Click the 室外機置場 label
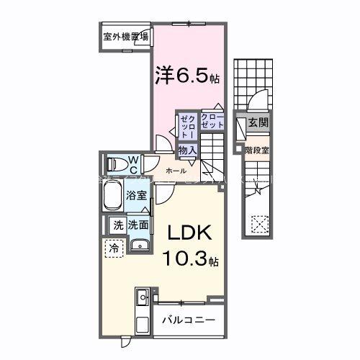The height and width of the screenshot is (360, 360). tap(125, 37)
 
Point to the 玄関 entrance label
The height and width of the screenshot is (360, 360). tap(258, 124)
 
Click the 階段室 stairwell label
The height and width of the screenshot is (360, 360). tap(257, 150)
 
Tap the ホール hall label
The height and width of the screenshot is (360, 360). tap(176, 171)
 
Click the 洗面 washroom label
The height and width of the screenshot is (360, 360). tap(139, 225)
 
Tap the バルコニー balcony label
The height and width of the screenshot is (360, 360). tap(188, 318)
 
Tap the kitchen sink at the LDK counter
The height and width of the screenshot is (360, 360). tap(142, 297)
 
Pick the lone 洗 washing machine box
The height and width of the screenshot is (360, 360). tap(117, 225)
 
